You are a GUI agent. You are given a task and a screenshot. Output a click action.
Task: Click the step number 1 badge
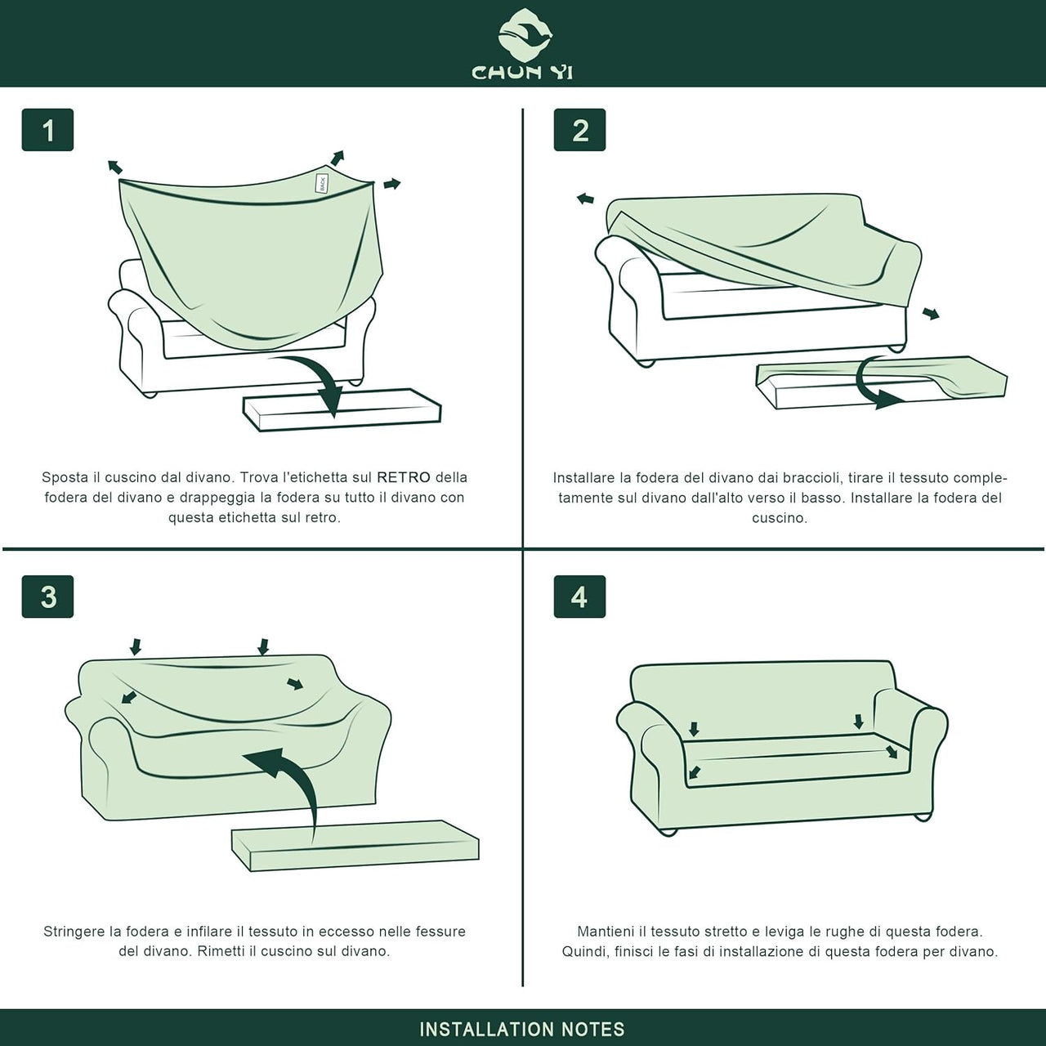47,130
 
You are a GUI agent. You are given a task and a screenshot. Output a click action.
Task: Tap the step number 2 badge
579,130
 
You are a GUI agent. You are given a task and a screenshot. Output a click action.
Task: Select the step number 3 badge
47,597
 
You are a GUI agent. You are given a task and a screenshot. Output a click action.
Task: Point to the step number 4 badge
579,597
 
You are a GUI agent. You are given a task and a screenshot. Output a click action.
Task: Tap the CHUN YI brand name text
522,72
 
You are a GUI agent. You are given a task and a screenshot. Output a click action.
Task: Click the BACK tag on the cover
323,183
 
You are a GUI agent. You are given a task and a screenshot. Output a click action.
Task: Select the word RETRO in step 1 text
404,478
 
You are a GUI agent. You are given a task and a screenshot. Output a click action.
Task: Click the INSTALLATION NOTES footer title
522,1029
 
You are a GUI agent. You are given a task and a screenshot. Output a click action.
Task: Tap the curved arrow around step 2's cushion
869,386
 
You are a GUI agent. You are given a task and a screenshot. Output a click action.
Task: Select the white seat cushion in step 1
342,410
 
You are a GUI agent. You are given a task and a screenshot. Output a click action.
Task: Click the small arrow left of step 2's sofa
584,199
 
